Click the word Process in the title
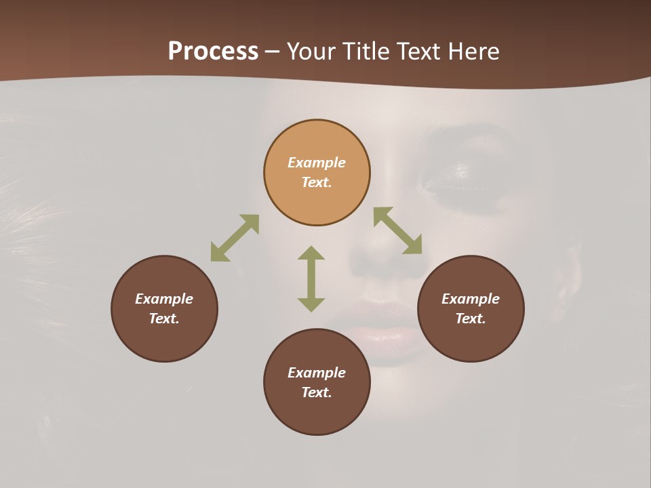click(x=213, y=52)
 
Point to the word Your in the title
click(x=311, y=52)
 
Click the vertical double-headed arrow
click(x=311, y=279)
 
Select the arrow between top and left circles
click(x=235, y=238)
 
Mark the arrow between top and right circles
click(x=398, y=230)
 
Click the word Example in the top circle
click(x=317, y=163)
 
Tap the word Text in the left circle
click(x=164, y=319)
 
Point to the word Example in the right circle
click(x=471, y=299)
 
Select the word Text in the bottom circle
click(x=317, y=392)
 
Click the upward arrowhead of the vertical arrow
click(x=311, y=253)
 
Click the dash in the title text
click(x=272, y=52)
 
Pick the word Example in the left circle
click(x=164, y=299)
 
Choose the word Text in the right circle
click(x=471, y=319)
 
